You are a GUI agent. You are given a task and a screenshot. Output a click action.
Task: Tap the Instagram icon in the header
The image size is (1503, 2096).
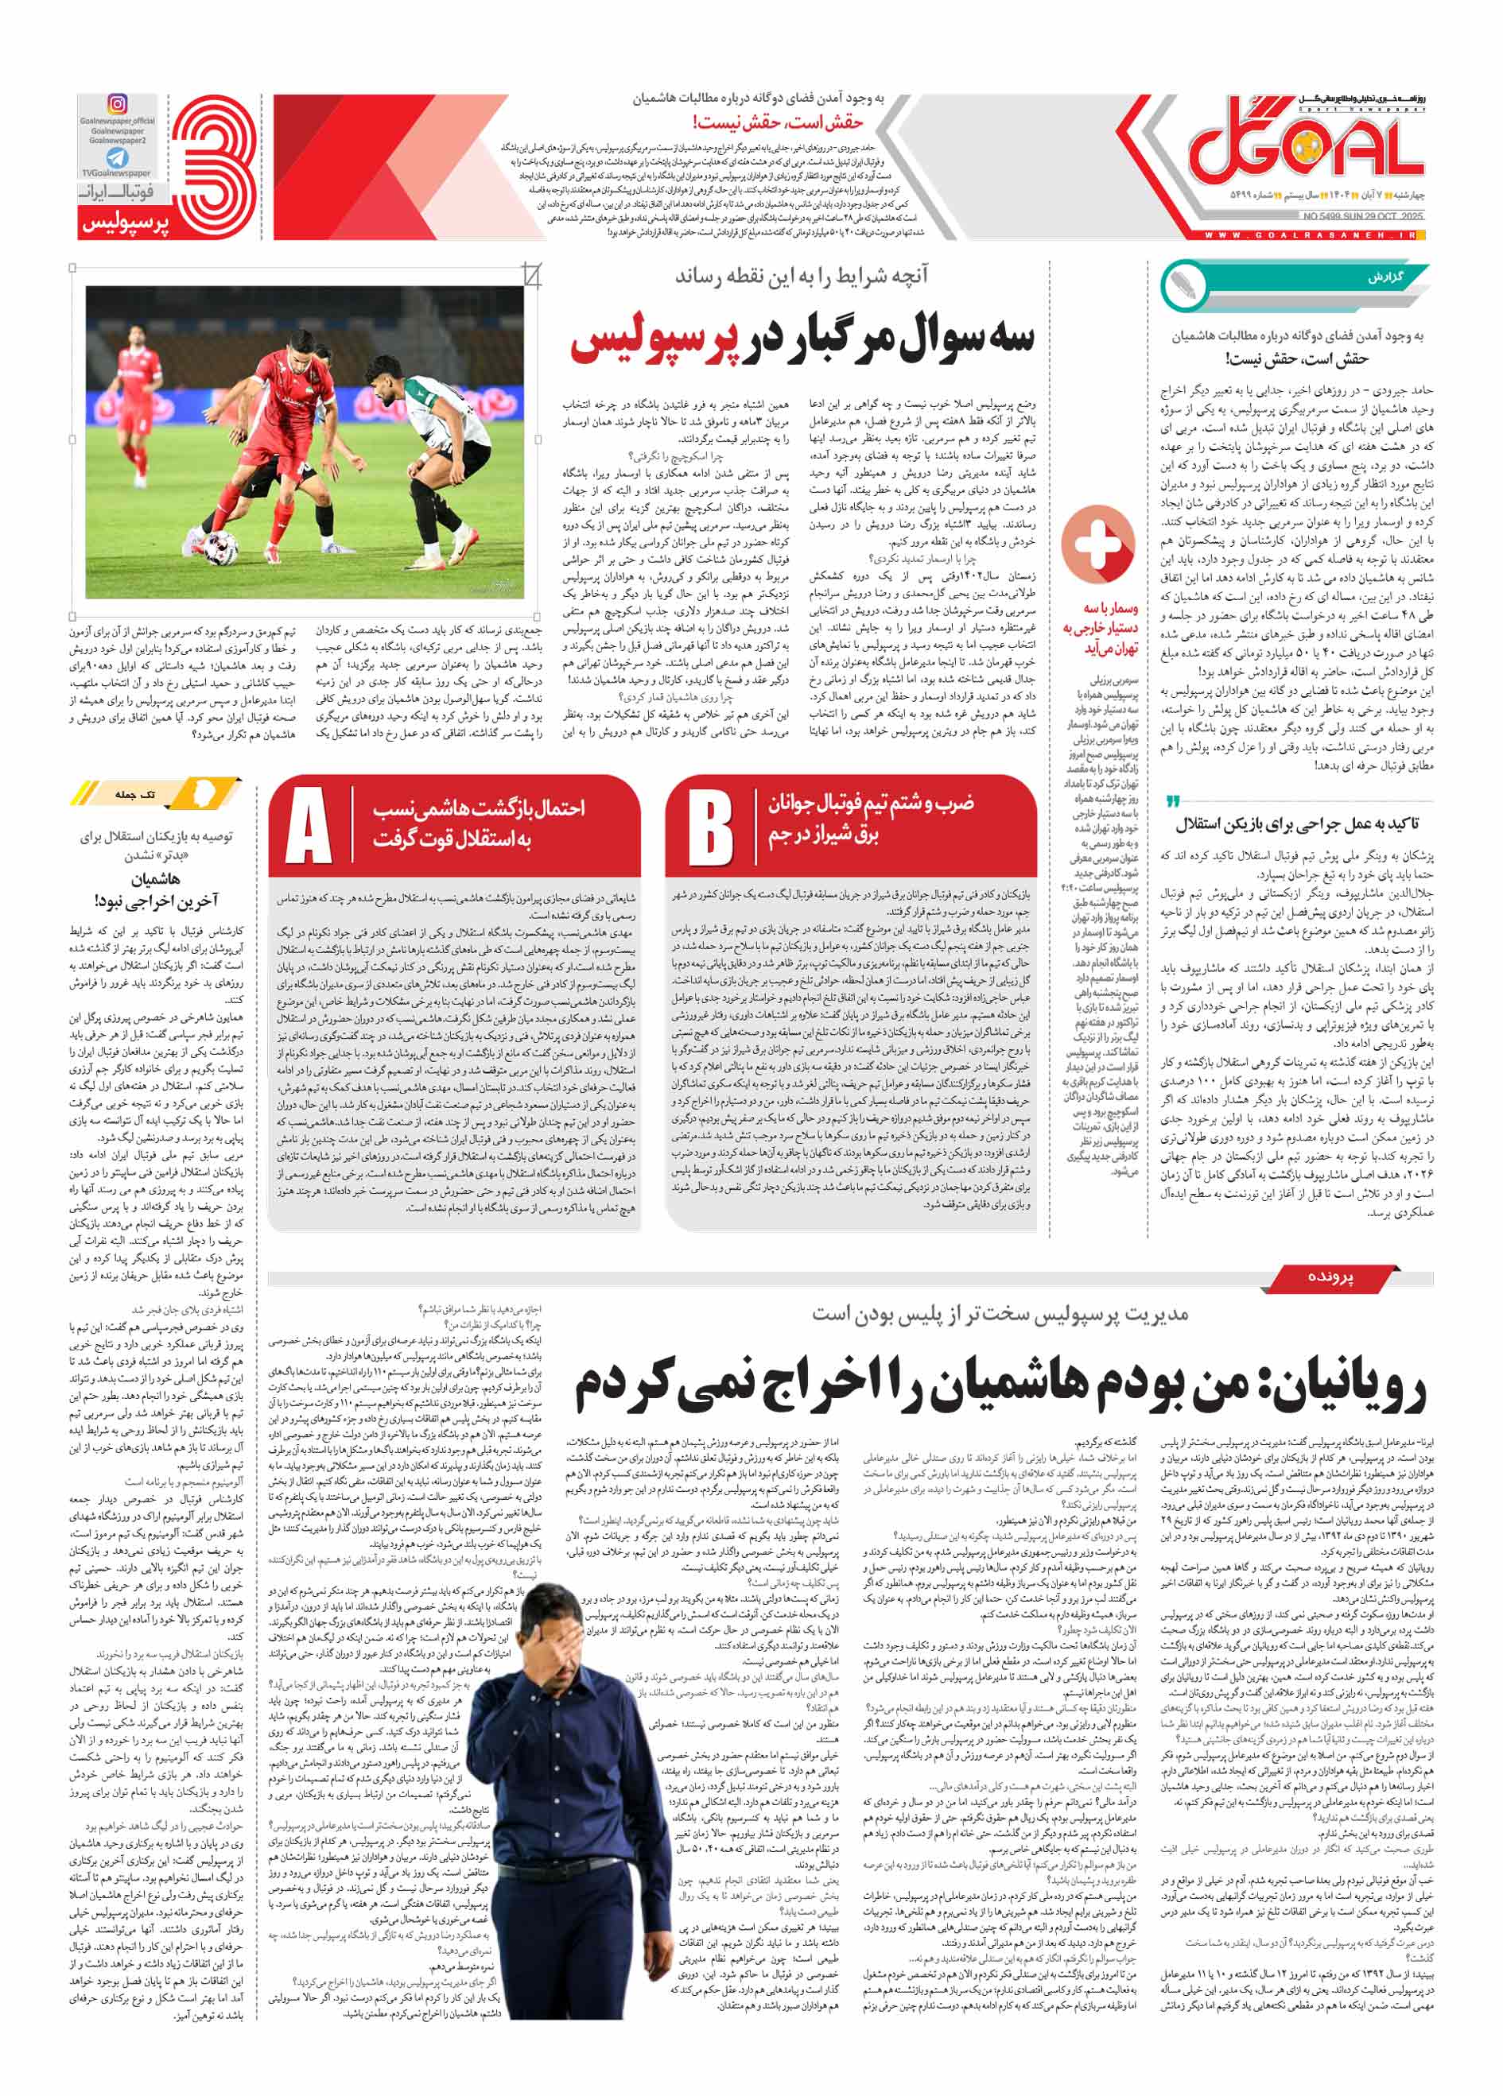tap(118, 104)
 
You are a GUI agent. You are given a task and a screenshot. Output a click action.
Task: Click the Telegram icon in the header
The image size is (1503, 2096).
tap(118, 157)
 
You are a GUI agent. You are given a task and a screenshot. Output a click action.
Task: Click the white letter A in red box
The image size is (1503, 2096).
tap(309, 825)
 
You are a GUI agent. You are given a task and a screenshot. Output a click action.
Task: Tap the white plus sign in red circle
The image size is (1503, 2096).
tap(1097, 544)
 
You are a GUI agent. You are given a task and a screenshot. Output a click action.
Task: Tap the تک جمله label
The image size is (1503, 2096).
tap(136, 794)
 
